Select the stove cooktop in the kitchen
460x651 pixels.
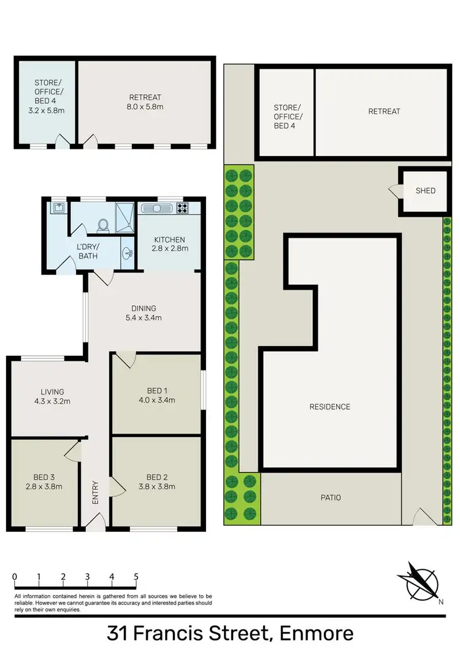click(x=182, y=207)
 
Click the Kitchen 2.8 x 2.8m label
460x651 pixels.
click(x=169, y=244)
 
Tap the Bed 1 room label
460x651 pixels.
click(x=156, y=396)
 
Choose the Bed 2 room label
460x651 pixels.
click(x=156, y=482)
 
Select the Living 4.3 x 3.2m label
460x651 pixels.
click(x=52, y=396)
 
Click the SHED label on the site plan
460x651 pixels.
click(x=425, y=190)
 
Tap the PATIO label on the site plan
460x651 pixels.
click(x=329, y=498)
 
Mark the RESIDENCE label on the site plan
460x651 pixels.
click(x=329, y=407)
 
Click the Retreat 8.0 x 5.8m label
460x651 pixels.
click(x=145, y=102)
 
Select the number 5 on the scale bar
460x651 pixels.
click(x=136, y=577)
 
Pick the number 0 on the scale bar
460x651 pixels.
click(x=14, y=577)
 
